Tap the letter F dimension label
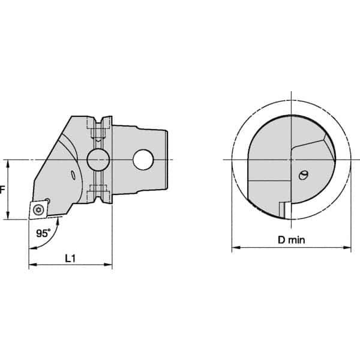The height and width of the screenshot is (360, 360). click(3, 190)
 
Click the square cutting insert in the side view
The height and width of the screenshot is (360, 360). click(39, 208)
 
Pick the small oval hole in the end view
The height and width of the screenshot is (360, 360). click(304, 175)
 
